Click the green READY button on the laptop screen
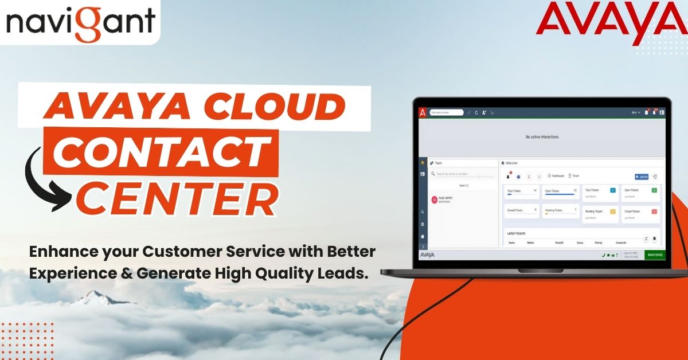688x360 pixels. [654, 255]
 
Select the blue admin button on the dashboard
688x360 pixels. [642, 177]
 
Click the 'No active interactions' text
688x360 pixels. [542, 137]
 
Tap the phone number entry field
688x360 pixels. [447, 112]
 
